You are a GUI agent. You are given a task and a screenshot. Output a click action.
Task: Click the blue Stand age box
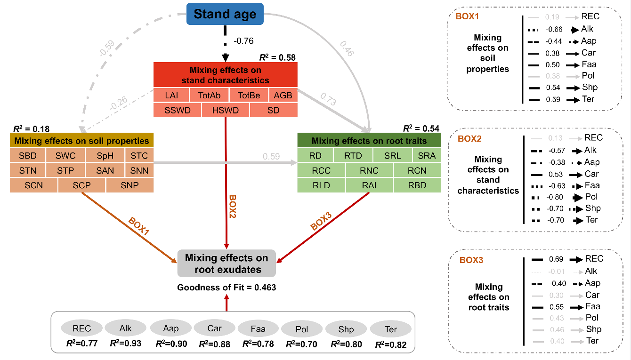pyautogui.click(x=225, y=14)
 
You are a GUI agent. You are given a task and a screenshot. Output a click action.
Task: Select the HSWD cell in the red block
pyautogui.click(x=226, y=110)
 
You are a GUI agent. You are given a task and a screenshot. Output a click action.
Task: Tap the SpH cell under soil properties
pyautogui.click(x=105, y=155)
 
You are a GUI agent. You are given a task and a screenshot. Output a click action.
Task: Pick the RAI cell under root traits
pyautogui.click(x=369, y=185)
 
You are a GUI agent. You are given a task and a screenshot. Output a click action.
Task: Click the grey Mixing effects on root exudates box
pyautogui.click(x=227, y=264)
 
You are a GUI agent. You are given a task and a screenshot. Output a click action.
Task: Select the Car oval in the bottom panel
pyautogui.click(x=214, y=328)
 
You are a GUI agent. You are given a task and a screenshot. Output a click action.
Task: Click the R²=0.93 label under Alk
pyautogui.click(x=126, y=344)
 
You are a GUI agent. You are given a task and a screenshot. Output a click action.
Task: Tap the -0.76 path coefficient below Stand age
pyautogui.click(x=243, y=41)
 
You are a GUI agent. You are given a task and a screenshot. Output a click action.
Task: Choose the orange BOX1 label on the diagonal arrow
pyautogui.click(x=139, y=227)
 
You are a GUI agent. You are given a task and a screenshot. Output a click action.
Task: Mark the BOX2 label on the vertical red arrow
pyautogui.click(x=233, y=207)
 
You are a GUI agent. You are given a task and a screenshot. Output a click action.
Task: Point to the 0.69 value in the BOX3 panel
pyautogui.click(x=557, y=259)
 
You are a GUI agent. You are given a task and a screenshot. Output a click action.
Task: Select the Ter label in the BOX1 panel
pyautogui.click(x=588, y=99)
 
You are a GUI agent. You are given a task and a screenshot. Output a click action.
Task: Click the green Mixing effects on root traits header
pyautogui.click(x=369, y=140)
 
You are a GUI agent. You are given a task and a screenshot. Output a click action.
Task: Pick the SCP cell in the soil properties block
pyautogui.click(x=81, y=185)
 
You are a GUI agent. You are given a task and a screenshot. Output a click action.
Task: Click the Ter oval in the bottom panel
pyautogui.click(x=391, y=328)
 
